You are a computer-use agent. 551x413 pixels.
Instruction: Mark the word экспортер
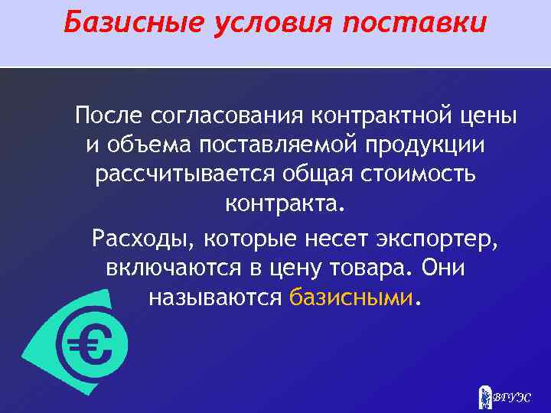(x=437, y=238)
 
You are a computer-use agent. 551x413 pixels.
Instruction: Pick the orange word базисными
(x=352, y=298)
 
